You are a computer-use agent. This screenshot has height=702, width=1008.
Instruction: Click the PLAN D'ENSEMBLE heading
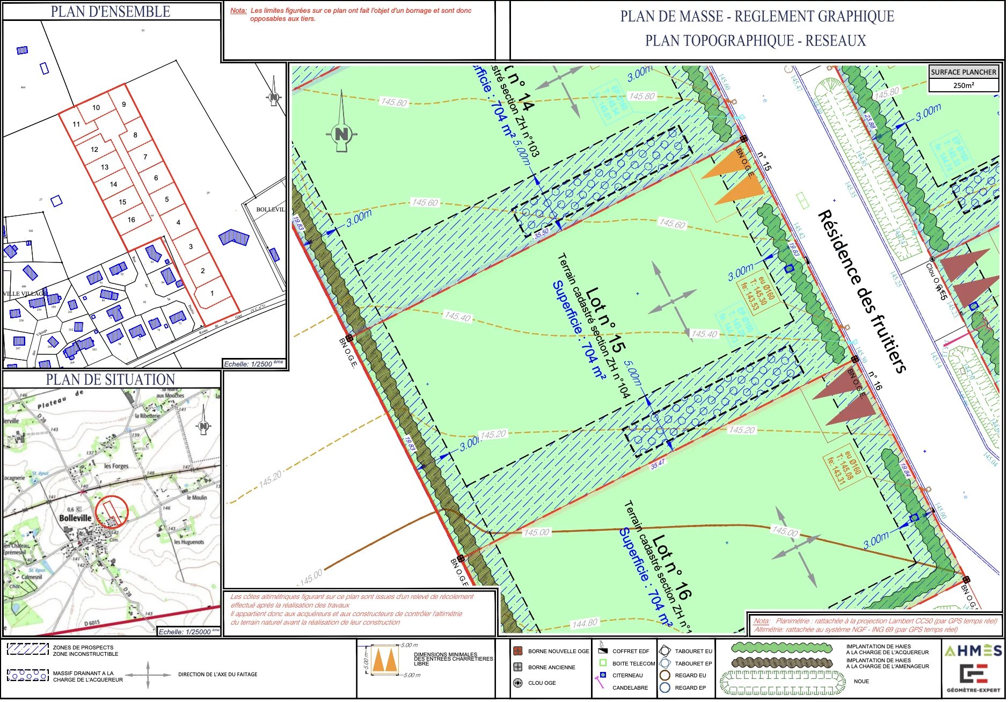pyautogui.click(x=111, y=11)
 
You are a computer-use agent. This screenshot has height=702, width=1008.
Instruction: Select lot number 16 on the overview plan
pyautogui.click(x=131, y=220)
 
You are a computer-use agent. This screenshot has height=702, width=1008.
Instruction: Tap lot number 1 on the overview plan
pyautogui.click(x=212, y=293)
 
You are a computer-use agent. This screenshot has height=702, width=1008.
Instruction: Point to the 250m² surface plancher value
pyautogui.click(x=963, y=85)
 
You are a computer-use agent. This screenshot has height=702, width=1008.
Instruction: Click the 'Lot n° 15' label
pyautogui.click(x=605, y=320)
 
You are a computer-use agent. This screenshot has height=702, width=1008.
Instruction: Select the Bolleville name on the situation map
pyautogui.click(x=75, y=518)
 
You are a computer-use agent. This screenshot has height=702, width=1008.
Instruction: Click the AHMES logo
pyautogui.click(x=973, y=651)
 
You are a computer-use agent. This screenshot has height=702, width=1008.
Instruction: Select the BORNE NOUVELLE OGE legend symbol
pyautogui.click(x=518, y=651)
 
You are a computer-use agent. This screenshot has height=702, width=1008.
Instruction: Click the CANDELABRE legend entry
pyautogui.click(x=630, y=688)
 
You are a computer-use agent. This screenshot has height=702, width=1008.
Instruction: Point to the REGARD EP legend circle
pyautogui.click(x=665, y=688)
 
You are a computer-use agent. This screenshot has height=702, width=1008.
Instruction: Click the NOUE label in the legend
pyautogui.click(x=861, y=681)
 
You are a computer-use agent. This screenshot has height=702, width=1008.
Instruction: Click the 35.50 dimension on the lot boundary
pyautogui.click(x=542, y=233)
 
